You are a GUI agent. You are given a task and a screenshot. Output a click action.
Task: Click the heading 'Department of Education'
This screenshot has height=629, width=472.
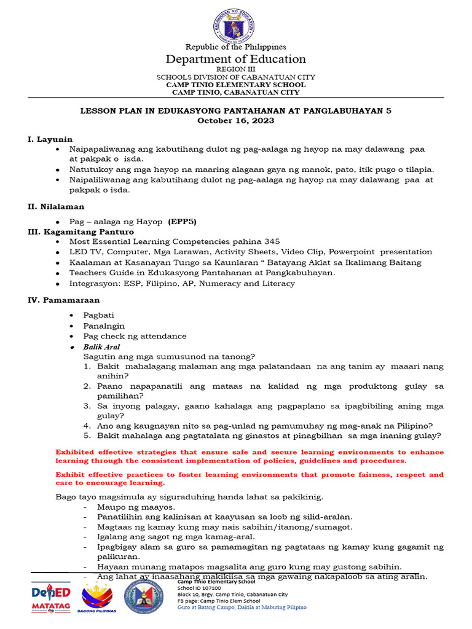point(236,59)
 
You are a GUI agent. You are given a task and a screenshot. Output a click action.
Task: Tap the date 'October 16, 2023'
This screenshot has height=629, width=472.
point(235,120)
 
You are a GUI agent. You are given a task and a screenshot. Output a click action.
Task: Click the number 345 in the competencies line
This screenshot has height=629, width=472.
point(272,242)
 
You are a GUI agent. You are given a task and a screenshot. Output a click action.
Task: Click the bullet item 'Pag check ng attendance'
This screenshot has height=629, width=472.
point(135,336)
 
